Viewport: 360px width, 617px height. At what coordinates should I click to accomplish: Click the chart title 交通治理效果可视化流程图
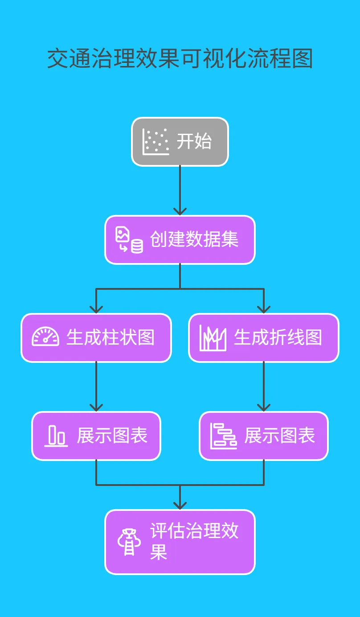pos(180,59)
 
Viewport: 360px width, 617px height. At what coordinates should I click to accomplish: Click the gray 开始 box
pos(180,142)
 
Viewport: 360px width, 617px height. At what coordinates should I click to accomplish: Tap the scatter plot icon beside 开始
pos(155,142)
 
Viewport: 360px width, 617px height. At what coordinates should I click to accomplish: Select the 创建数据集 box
pos(180,240)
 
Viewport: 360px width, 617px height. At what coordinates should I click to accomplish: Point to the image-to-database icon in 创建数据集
pos(129,240)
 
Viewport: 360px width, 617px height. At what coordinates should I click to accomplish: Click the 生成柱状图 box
pos(96,338)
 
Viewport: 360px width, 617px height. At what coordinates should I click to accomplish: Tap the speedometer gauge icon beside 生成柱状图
pos(45,337)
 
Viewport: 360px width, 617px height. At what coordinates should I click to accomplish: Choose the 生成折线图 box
pos(264,338)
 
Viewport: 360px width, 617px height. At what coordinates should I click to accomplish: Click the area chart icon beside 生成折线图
pos(213,338)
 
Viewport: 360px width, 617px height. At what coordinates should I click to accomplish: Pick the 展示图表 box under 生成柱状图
pos(96,436)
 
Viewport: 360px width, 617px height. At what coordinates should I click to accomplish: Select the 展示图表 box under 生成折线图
pos(264,436)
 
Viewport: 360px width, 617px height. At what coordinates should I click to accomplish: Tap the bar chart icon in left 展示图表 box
pos(56,436)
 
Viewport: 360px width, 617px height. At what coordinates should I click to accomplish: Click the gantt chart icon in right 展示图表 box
pos(224,436)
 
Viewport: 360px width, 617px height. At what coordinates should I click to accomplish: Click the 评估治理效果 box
pos(180,542)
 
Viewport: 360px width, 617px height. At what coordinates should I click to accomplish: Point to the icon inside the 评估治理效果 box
pos(129,542)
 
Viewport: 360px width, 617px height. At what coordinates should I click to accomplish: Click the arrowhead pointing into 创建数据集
pos(180,211)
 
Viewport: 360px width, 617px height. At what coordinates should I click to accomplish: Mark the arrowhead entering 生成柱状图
pos(96,309)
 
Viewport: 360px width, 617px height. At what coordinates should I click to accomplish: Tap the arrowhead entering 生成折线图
pos(264,309)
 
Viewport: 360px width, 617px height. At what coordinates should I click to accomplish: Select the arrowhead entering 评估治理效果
pos(180,506)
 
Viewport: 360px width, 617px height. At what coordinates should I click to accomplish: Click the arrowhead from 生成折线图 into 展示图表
pos(264,407)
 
